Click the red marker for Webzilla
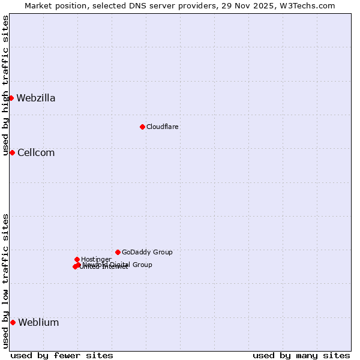pyautogui.click(x=11, y=98)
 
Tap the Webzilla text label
pyautogui.click(x=36, y=98)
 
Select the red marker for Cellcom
pyautogui.click(x=12, y=152)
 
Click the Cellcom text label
pyautogui.click(x=36, y=153)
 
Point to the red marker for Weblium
pyautogui.click(x=13, y=322)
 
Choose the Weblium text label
pyautogui.click(x=38, y=323)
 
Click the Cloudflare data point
pyautogui.click(x=142, y=127)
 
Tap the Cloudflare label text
pyautogui.click(x=163, y=127)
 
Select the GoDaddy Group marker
pyautogui.click(x=118, y=252)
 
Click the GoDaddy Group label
pyautogui.click(x=147, y=253)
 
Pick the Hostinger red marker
pyautogui.click(x=77, y=259)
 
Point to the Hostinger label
pyautogui.click(x=96, y=260)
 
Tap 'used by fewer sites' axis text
pyautogui.click(x=62, y=355)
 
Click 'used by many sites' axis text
pyautogui.click(x=301, y=355)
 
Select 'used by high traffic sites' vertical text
pyautogui.click(x=5, y=86)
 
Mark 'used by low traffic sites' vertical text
pyautogui.click(x=5, y=281)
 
